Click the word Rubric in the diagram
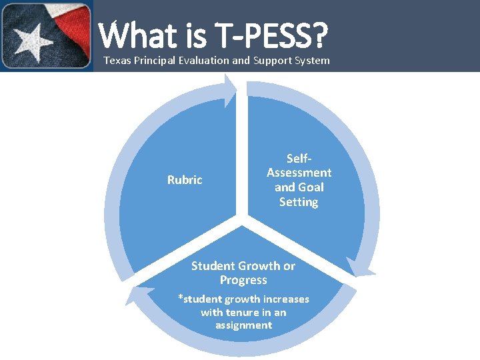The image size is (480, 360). click(x=185, y=180)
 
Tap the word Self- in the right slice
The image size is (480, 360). click(x=299, y=159)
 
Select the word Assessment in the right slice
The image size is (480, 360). click(x=299, y=173)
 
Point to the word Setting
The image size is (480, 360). click(x=299, y=202)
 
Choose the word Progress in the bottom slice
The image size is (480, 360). click(x=243, y=281)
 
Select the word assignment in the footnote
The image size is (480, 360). click(x=243, y=325)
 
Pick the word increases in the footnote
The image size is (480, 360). click(x=286, y=299)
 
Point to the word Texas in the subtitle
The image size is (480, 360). click(x=117, y=61)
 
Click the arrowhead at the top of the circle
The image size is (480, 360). click(x=231, y=90)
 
